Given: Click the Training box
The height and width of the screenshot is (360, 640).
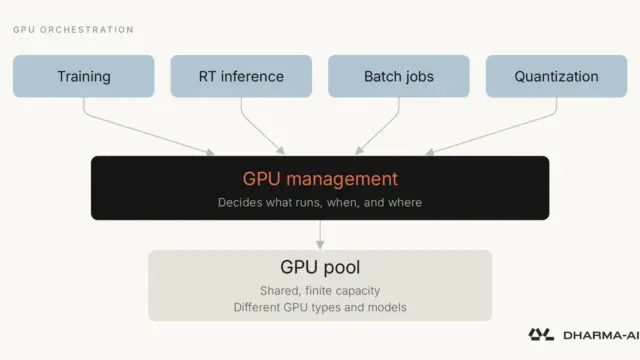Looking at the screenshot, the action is click(x=84, y=76).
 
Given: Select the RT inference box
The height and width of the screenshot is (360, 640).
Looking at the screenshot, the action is click(x=241, y=76).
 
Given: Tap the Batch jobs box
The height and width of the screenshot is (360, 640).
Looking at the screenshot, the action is click(x=399, y=76).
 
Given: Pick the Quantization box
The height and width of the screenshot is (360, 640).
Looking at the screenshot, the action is click(x=556, y=76).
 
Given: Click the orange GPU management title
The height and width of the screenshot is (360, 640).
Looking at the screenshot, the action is click(x=320, y=179).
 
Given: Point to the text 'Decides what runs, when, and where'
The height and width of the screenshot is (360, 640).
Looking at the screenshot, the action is click(x=320, y=202).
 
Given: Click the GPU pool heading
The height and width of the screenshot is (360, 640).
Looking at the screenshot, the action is click(x=320, y=267).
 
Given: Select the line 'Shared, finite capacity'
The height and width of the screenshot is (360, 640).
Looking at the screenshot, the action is click(x=320, y=291).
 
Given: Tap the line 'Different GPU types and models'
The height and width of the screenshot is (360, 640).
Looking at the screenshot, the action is click(x=320, y=307).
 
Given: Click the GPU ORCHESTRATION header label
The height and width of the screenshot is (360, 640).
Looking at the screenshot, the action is click(x=73, y=30).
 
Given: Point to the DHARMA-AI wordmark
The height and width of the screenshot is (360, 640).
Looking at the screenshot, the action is click(x=601, y=336).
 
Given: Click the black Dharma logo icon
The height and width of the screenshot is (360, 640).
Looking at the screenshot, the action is click(x=541, y=335).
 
